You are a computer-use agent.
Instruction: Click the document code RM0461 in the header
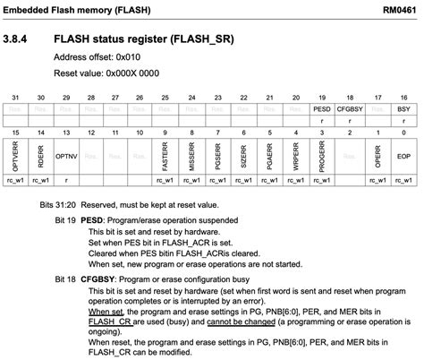click(x=399, y=9)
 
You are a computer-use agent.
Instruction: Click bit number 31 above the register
click(x=15, y=96)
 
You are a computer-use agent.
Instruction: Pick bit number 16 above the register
click(x=403, y=96)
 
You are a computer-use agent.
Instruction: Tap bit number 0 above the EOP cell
click(x=403, y=132)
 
